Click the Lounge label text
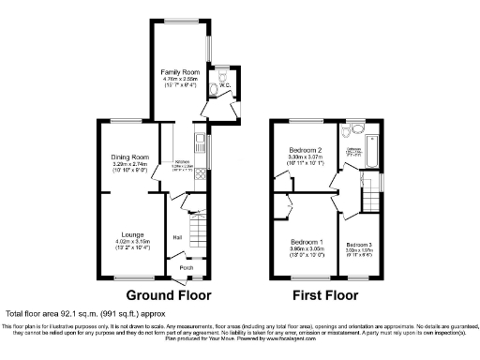click(x=131, y=233)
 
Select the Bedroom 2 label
click(x=306, y=149)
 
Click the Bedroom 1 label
click(x=307, y=242)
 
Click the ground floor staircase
click(x=197, y=225)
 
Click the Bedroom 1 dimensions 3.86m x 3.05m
click(x=307, y=249)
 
